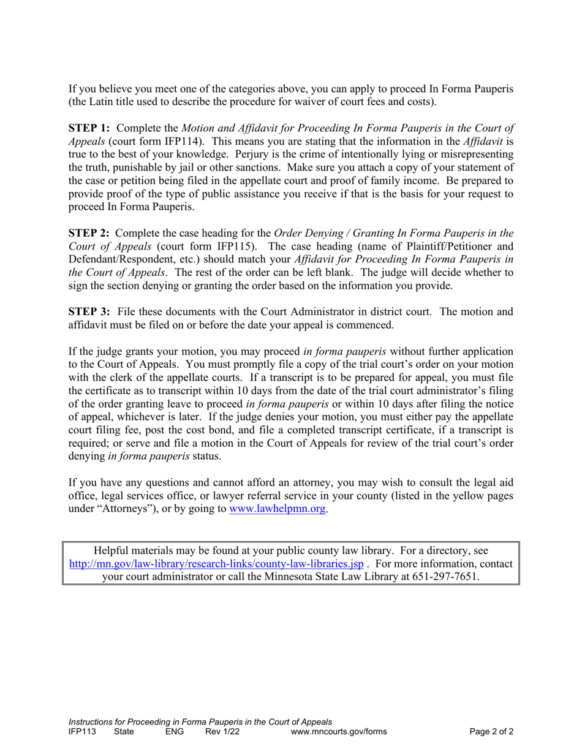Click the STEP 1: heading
point(89,128)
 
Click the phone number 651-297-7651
point(446,577)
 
